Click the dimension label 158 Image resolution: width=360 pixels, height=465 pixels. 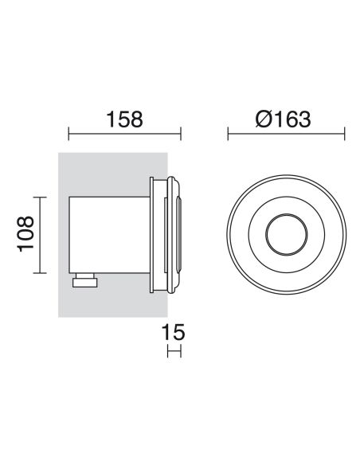[126, 119]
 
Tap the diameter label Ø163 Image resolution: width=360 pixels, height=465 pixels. [283, 119]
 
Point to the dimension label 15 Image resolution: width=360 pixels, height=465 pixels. [174, 334]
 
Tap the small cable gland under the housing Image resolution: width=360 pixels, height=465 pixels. [84, 280]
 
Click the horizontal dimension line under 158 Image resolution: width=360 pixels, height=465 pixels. [126, 135]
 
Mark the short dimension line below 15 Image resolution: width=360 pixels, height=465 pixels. [174, 351]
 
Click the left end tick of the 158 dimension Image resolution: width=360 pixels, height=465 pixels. [69, 135]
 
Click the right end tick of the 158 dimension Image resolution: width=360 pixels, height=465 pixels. [182, 135]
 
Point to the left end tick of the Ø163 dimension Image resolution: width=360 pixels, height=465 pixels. [229, 135]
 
